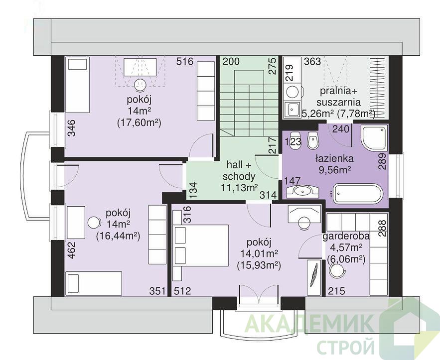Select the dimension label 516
(185, 61)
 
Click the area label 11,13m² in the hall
(239, 187)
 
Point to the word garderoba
(346, 236)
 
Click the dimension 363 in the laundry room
(312, 61)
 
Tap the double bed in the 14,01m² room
(200, 245)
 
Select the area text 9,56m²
(334, 170)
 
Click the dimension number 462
(72, 250)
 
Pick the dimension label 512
(182, 291)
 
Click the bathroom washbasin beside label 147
(302, 191)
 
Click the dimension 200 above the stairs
(231, 61)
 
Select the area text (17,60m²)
(139, 123)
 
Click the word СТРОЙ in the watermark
(346, 347)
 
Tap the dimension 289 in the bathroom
(382, 161)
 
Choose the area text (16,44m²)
(118, 237)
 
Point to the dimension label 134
(193, 191)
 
